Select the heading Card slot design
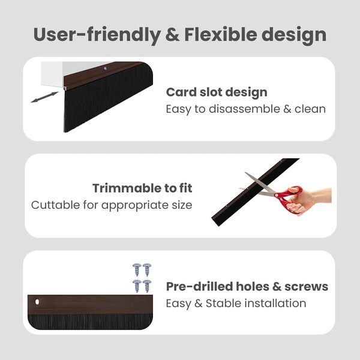(217, 92)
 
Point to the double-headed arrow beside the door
(44, 96)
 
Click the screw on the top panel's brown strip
(106, 69)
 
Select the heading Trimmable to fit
(142, 188)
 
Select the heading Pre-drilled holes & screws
(247, 286)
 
